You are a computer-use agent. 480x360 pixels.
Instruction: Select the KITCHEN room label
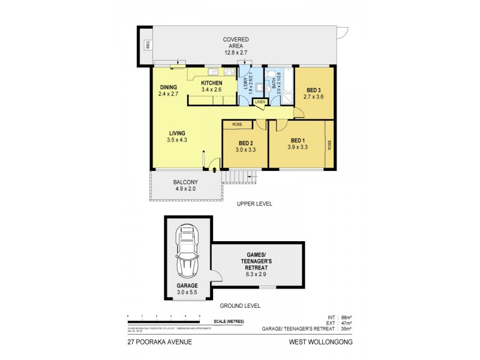(x=211, y=83)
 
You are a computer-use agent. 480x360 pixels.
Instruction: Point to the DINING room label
(x=168, y=87)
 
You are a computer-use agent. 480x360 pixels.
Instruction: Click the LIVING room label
(x=176, y=133)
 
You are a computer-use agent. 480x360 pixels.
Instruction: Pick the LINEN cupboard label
(x=260, y=102)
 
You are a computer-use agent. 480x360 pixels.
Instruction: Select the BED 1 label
(x=298, y=139)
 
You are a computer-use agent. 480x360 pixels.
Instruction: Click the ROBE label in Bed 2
(x=238, y=125)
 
